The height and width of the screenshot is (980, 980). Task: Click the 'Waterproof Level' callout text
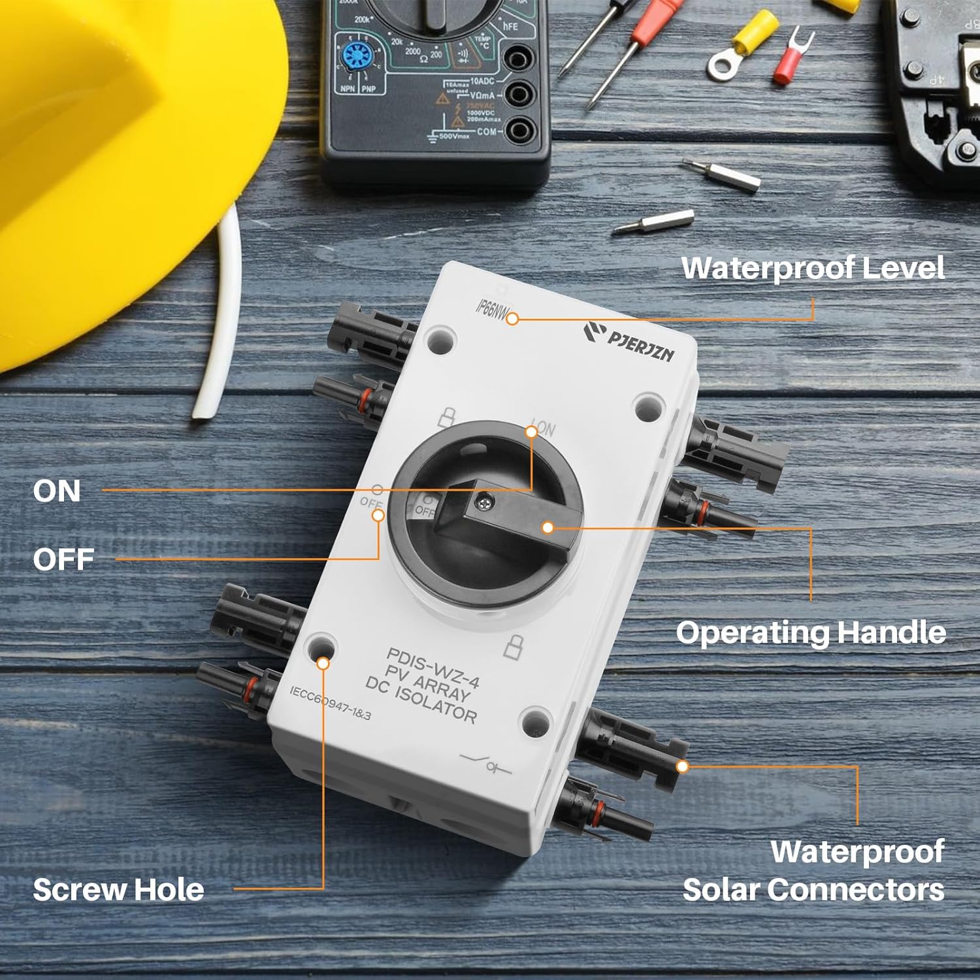pyautogui.click(x=813, y=268)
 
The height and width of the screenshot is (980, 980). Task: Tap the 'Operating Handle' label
pyautogui.click(x=811, y=632)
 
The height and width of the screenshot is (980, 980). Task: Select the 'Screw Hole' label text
pyautogui.click(x=118, y=890)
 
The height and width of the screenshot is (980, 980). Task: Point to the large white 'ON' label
pyautogui.click(x=57, y=491)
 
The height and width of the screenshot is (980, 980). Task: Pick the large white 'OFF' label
pyautogui.click(x=63, y=559)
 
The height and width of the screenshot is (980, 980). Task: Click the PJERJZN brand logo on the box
pyautogui.click(x=629, y=340)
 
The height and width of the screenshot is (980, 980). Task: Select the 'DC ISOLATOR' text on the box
pyautogui.click(x=421, y=700)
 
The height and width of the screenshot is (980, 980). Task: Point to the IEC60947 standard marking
pyautogui.click(x=330, y=703)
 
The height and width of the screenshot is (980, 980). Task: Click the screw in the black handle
pyautogui.click(x=486, y=502)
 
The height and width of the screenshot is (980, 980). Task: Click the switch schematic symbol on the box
pyautogui.click(x=486, y=763)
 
